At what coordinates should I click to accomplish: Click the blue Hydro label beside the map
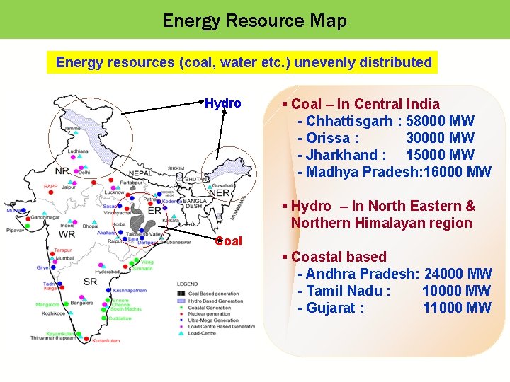coord(223,103)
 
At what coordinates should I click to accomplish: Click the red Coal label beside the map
coord(228,241)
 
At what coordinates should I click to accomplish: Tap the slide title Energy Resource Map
coord(255,21)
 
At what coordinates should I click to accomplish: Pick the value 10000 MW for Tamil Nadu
coord(456,291)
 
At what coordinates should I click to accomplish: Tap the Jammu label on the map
coord(72,129)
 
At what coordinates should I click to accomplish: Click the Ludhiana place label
coord(78,151)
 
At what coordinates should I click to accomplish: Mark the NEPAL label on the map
coord(140,173)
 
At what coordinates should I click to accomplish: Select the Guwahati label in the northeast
coord(223,185)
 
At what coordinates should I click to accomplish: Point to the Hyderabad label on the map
coord(107,272)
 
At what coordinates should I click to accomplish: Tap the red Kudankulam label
coord(106,341)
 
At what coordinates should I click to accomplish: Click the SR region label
coord(91,282)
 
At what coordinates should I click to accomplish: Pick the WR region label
coord(67,234)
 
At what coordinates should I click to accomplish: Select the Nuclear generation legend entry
coord(210,314)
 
